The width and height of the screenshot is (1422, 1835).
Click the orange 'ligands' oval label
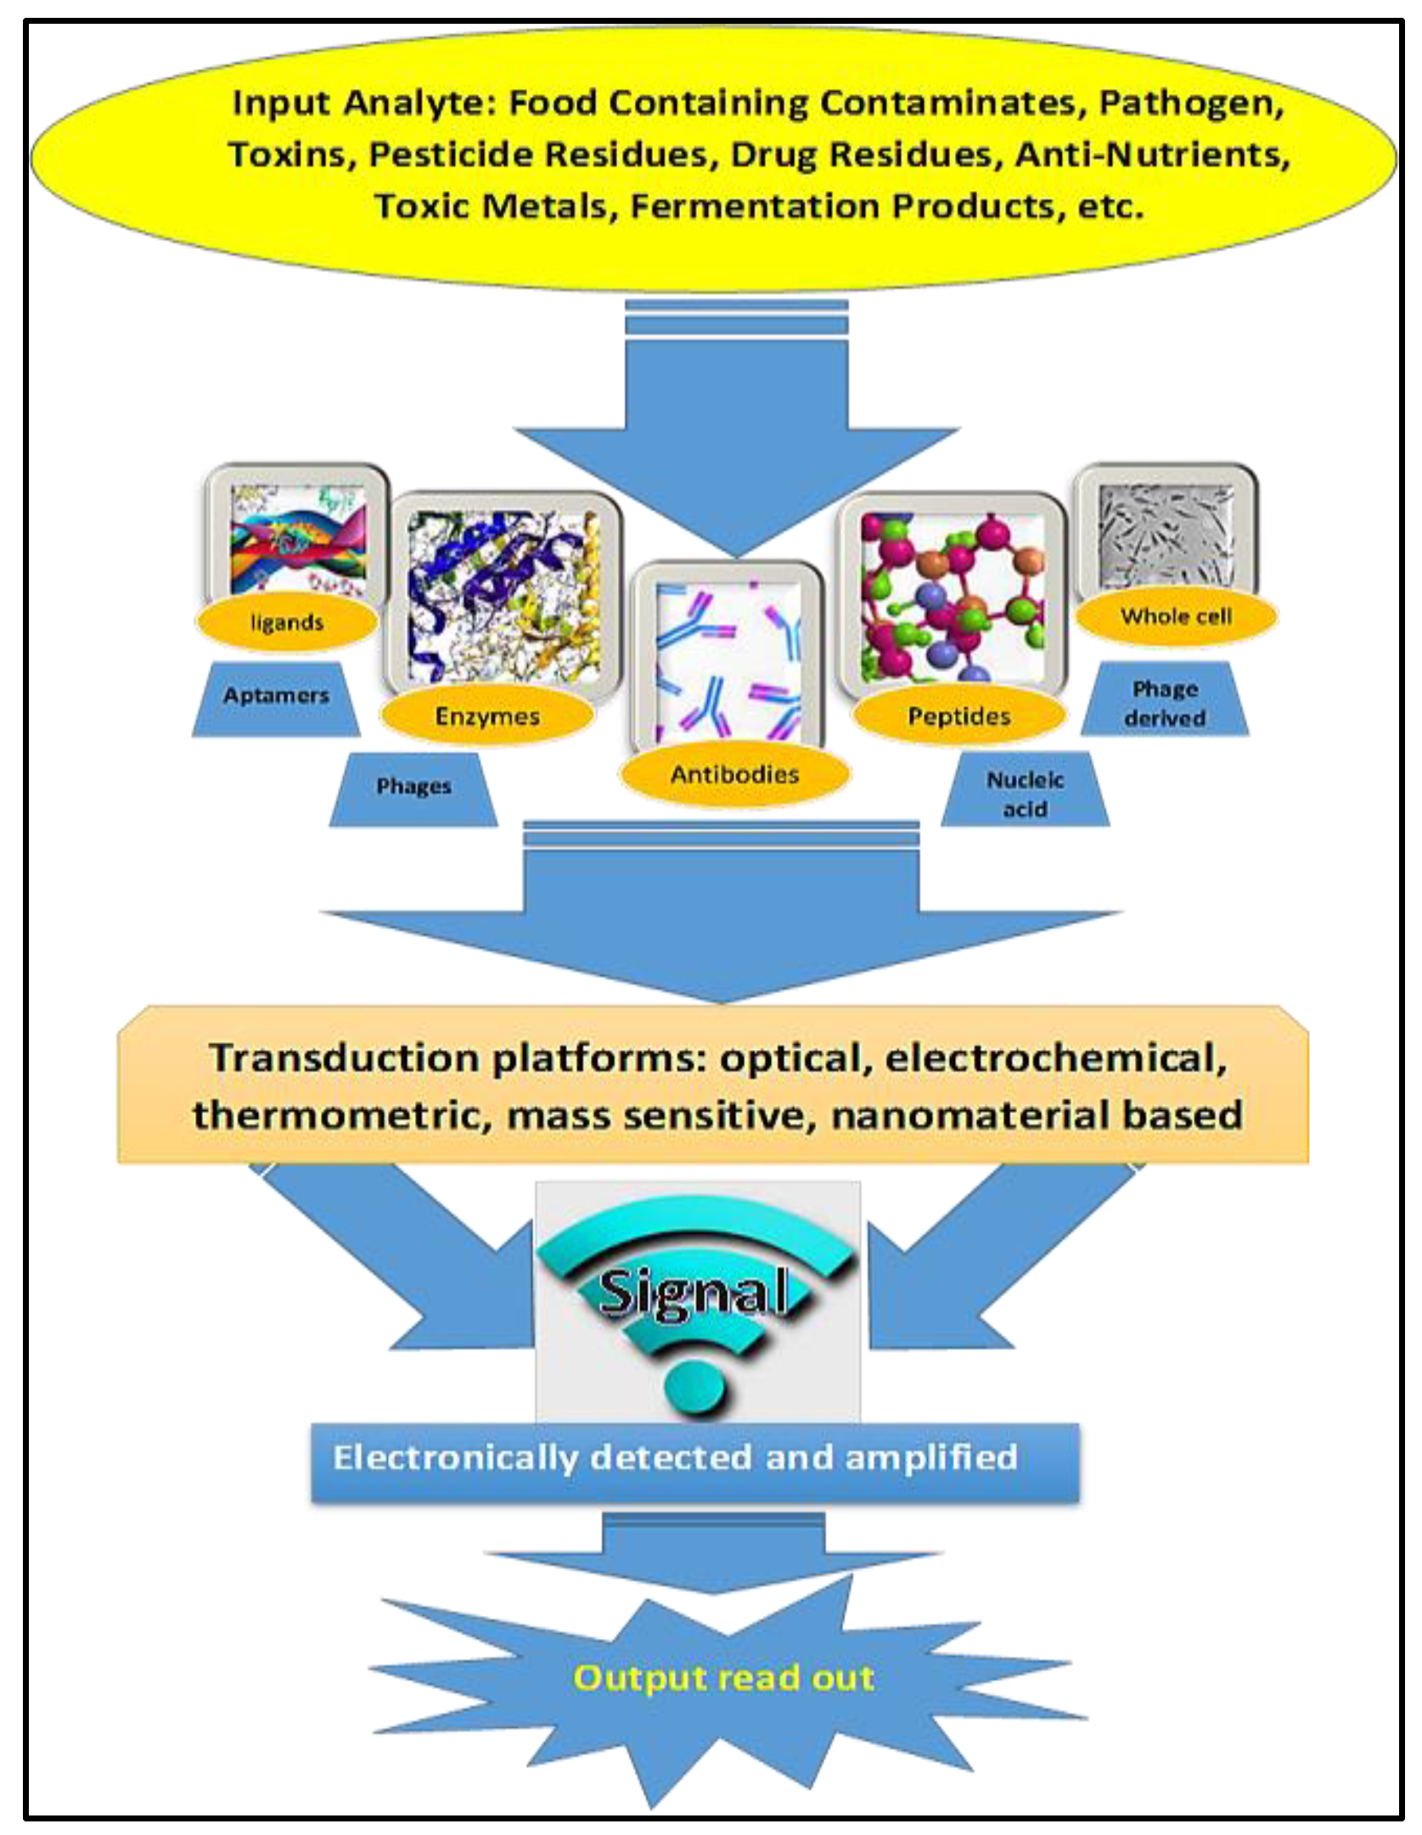287,623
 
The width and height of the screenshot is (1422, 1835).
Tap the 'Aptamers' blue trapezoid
276,697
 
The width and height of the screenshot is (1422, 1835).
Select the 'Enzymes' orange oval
487,716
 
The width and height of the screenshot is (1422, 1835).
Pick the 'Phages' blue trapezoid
413,787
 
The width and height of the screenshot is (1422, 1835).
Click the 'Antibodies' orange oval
734,774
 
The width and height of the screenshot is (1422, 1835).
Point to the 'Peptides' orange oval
959,716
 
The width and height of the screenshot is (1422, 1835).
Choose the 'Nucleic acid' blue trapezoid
1025,794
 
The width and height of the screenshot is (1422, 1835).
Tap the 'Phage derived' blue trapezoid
1165,703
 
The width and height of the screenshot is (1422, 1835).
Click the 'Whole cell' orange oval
1176,616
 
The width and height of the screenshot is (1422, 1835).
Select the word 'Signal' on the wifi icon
693,1293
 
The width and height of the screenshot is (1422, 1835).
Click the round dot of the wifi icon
697,1393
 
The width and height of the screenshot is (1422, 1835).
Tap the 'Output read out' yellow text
723,1678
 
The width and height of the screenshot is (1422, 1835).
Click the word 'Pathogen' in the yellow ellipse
1190,104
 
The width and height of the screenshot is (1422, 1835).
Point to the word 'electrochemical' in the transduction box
1056,1058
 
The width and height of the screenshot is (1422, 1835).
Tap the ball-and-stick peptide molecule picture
952,596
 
